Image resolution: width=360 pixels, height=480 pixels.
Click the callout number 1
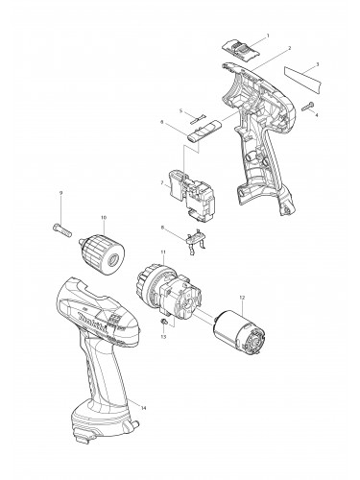(x=266, y=36)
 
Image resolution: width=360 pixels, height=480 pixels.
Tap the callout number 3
(x=318, y=64)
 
